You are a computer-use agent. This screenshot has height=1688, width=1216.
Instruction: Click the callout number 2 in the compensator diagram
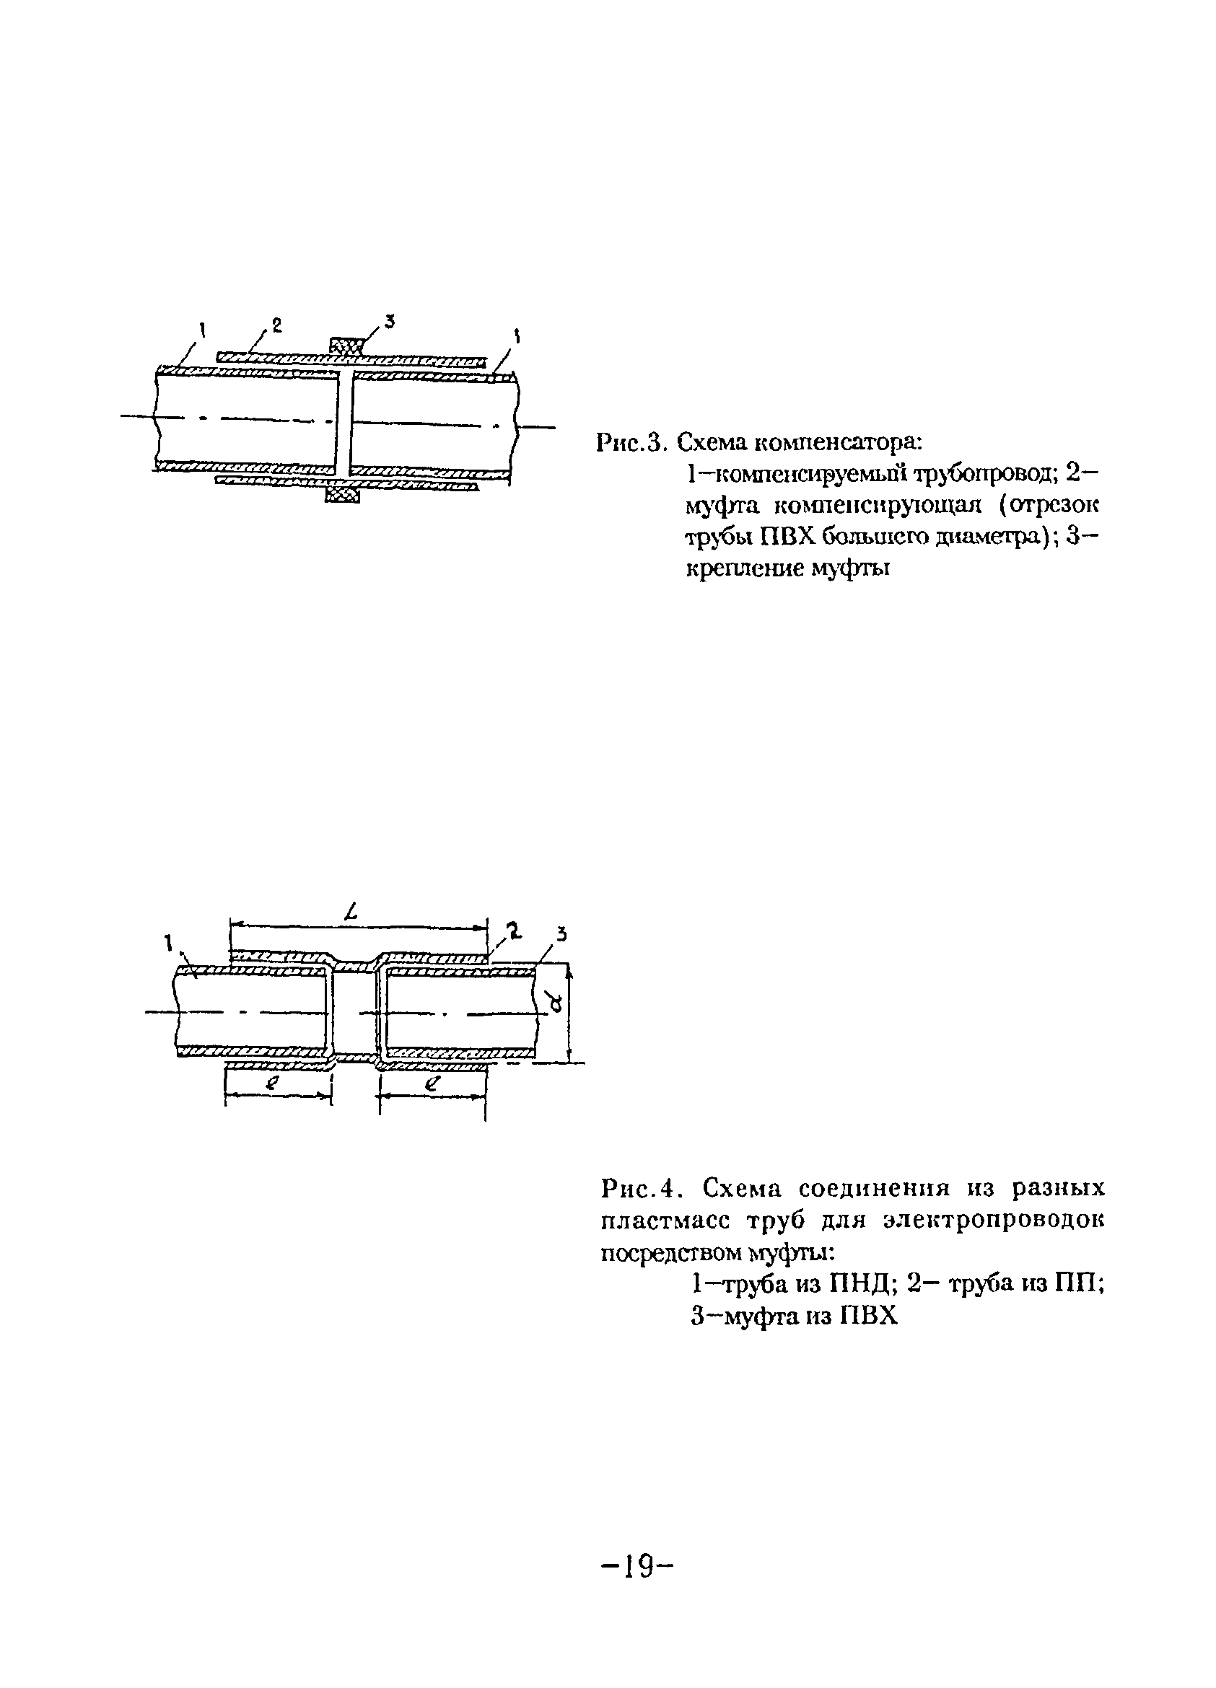[276, 325]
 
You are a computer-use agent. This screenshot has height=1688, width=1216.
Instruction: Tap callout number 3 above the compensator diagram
[388, 322]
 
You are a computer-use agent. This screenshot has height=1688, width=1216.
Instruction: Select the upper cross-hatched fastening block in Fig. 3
[346, 346]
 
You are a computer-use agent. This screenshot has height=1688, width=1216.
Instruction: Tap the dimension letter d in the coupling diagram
[556, 1008]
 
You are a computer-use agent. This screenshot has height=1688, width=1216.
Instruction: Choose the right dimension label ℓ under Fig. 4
[430, 1084]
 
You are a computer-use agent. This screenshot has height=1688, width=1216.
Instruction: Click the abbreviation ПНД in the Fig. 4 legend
[849, 1284]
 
